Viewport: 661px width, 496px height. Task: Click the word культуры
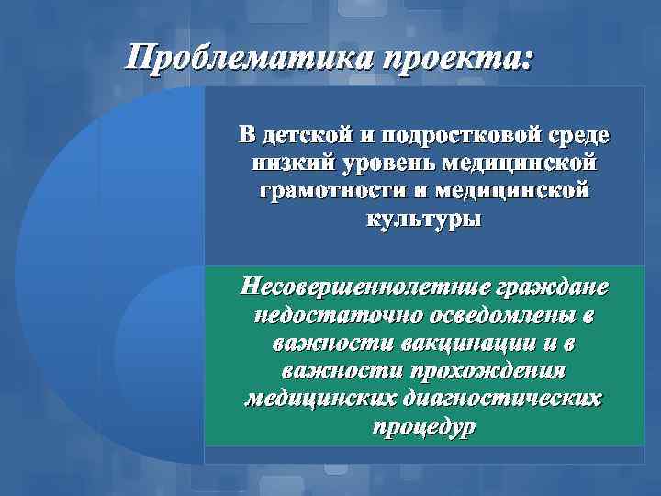424,221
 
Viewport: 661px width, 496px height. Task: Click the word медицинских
320,400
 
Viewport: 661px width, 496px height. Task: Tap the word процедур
424,428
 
